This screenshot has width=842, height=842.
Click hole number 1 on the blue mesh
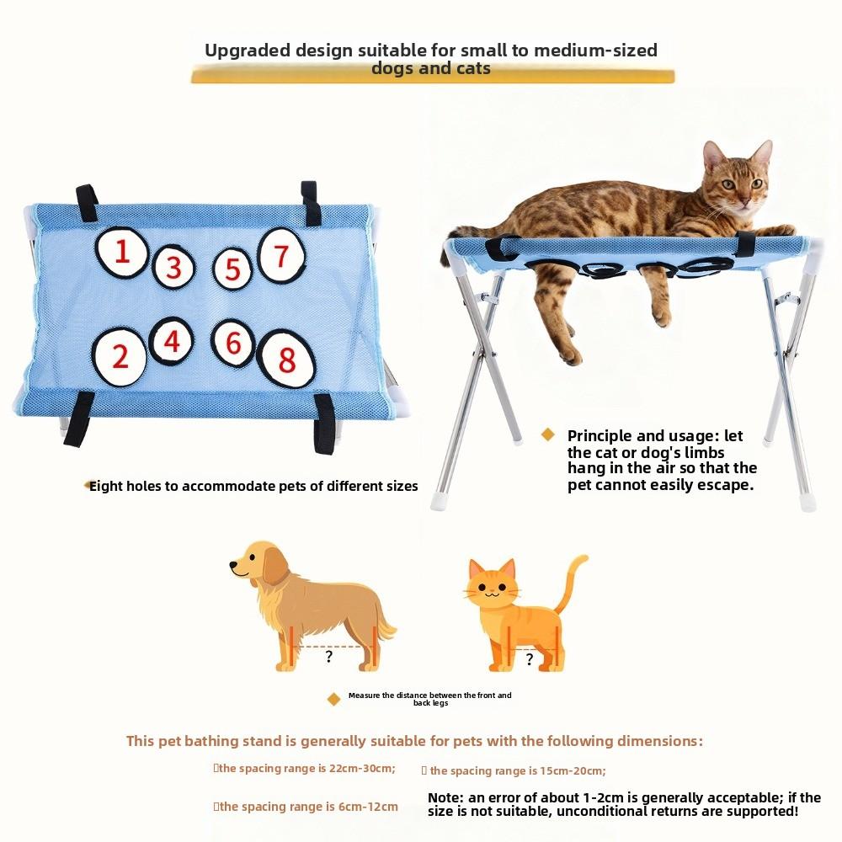tap(123, 252)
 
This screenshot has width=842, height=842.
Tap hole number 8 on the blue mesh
tap(286, 360)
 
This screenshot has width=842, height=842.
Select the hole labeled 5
tap(232, 269)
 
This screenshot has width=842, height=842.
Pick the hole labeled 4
tap(172, 341)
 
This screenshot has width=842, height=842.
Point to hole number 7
tap(280, 255)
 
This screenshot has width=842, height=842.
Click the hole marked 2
tap(120, 356)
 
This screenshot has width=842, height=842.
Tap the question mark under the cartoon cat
tap(529, 659)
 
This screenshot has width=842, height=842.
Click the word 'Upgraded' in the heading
tap(248, 50)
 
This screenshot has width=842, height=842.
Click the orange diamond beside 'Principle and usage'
tap(548, 434)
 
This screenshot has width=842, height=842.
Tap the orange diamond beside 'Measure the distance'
tap(333, 699)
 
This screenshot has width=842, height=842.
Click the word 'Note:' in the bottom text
tap(445, 797)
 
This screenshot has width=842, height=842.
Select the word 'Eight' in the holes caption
tap(107, 486)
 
